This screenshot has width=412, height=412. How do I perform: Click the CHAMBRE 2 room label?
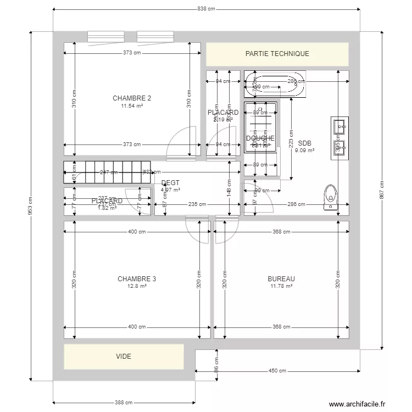tap(132, 98)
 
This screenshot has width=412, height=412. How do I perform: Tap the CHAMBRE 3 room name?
tap(137, 279)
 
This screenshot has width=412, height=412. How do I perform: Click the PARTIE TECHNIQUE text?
tap(277, 54)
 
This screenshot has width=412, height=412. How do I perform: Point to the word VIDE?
tap(124, 357)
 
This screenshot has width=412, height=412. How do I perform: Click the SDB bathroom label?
tap(304, 143)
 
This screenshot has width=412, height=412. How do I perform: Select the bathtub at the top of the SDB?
tap(274, 85)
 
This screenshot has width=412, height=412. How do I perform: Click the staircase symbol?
tap(107, 172)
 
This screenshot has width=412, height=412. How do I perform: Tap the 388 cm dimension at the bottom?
tap(124, 403)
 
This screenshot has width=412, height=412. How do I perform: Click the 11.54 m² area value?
tap(132, 105)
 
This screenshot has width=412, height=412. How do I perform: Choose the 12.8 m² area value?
tap(137, 286)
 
